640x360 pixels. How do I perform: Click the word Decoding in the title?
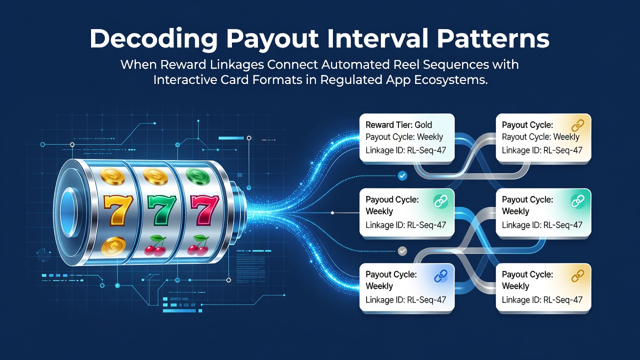click(153, 39)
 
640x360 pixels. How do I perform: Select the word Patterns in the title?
click(493, 38)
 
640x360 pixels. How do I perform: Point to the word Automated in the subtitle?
click(355, 64)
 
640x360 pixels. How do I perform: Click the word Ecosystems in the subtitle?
click(450, 80)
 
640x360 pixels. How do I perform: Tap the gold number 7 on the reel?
click(118, 210)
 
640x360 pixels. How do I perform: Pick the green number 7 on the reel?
click(161, 210)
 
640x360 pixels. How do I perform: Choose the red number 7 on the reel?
click(204, 210)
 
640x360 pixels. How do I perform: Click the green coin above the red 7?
click(197, 175)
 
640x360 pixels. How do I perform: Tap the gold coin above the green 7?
click(155, 175)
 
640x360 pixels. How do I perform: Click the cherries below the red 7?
click(198, 245)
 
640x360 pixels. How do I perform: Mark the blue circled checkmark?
click(402, 175)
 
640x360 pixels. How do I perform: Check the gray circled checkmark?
click(402, 251)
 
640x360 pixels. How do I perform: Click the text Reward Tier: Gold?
click(399, 125)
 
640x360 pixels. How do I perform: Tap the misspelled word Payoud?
click(379, 199)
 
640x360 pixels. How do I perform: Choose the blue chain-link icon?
click(440, 276)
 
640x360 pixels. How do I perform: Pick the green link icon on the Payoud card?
click(440, 201)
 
